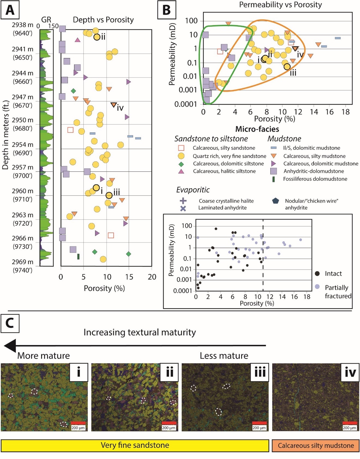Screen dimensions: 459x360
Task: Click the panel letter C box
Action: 10,323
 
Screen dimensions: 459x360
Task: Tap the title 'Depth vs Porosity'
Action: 103,20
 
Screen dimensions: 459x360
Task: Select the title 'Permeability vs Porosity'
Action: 280,4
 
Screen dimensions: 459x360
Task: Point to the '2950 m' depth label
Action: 22,120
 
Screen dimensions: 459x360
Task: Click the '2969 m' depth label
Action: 22,262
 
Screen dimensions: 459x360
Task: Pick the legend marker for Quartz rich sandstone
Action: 181,156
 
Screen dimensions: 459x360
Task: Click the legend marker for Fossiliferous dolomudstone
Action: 273,179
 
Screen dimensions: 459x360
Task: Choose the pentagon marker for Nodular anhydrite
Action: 275,201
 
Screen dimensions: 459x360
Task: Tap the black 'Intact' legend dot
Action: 317,273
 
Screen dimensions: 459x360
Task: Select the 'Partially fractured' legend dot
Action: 317,287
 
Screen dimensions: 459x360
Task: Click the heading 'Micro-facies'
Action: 257,129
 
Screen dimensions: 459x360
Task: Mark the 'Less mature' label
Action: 224,356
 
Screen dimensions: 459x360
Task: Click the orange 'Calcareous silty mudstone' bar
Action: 315,446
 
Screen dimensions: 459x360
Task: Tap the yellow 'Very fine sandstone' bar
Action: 135,446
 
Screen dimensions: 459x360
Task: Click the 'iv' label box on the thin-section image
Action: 350,372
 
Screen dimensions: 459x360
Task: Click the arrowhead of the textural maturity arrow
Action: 10,346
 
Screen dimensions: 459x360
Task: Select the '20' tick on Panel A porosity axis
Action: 152,277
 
